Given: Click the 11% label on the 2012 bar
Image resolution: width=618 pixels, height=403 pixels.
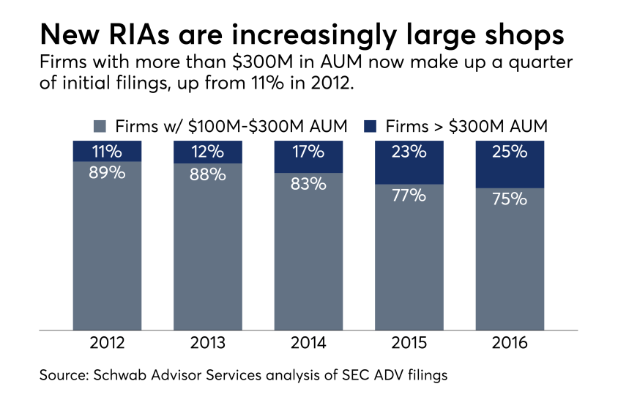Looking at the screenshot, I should tap(107, 152).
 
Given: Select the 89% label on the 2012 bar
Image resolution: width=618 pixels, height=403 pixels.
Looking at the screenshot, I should tap(107, 176).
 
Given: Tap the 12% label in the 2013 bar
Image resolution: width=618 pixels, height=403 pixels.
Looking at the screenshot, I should tap(207, 152).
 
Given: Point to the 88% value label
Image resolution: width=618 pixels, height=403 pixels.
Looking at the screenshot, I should tap(207, 177).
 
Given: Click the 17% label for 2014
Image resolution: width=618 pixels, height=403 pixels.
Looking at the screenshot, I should tap(308, 152).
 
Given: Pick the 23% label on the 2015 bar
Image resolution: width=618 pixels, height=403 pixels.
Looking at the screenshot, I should tap(409, 152).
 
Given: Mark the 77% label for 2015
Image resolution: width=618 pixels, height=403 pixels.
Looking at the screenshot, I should tap(409, 196).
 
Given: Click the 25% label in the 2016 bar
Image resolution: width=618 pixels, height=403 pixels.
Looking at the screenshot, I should tap(509, 152).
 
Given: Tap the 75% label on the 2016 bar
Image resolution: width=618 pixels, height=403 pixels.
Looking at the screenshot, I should tap(509, 199).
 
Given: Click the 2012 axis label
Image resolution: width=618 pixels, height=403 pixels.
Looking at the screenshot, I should tap(107, 344).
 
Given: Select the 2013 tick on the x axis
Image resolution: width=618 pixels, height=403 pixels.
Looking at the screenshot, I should tap(207, 344).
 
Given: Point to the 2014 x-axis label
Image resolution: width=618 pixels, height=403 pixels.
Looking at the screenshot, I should tap(308, 344).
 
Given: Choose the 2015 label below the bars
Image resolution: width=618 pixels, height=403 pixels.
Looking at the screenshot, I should tap(409, 344).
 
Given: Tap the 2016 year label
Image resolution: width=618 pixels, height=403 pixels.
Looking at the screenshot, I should tap(509, 344).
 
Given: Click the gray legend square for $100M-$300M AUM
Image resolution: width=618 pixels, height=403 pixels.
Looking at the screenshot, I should tap(100, 126).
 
